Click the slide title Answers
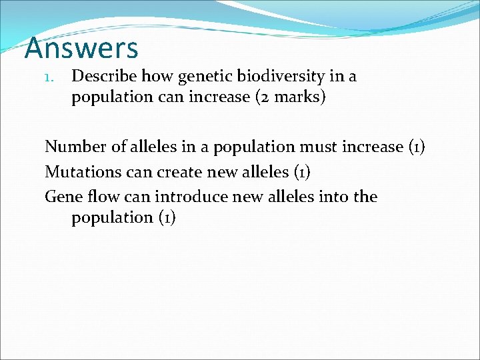click(x=81, y=48)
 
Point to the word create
click(x=179, y=171)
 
